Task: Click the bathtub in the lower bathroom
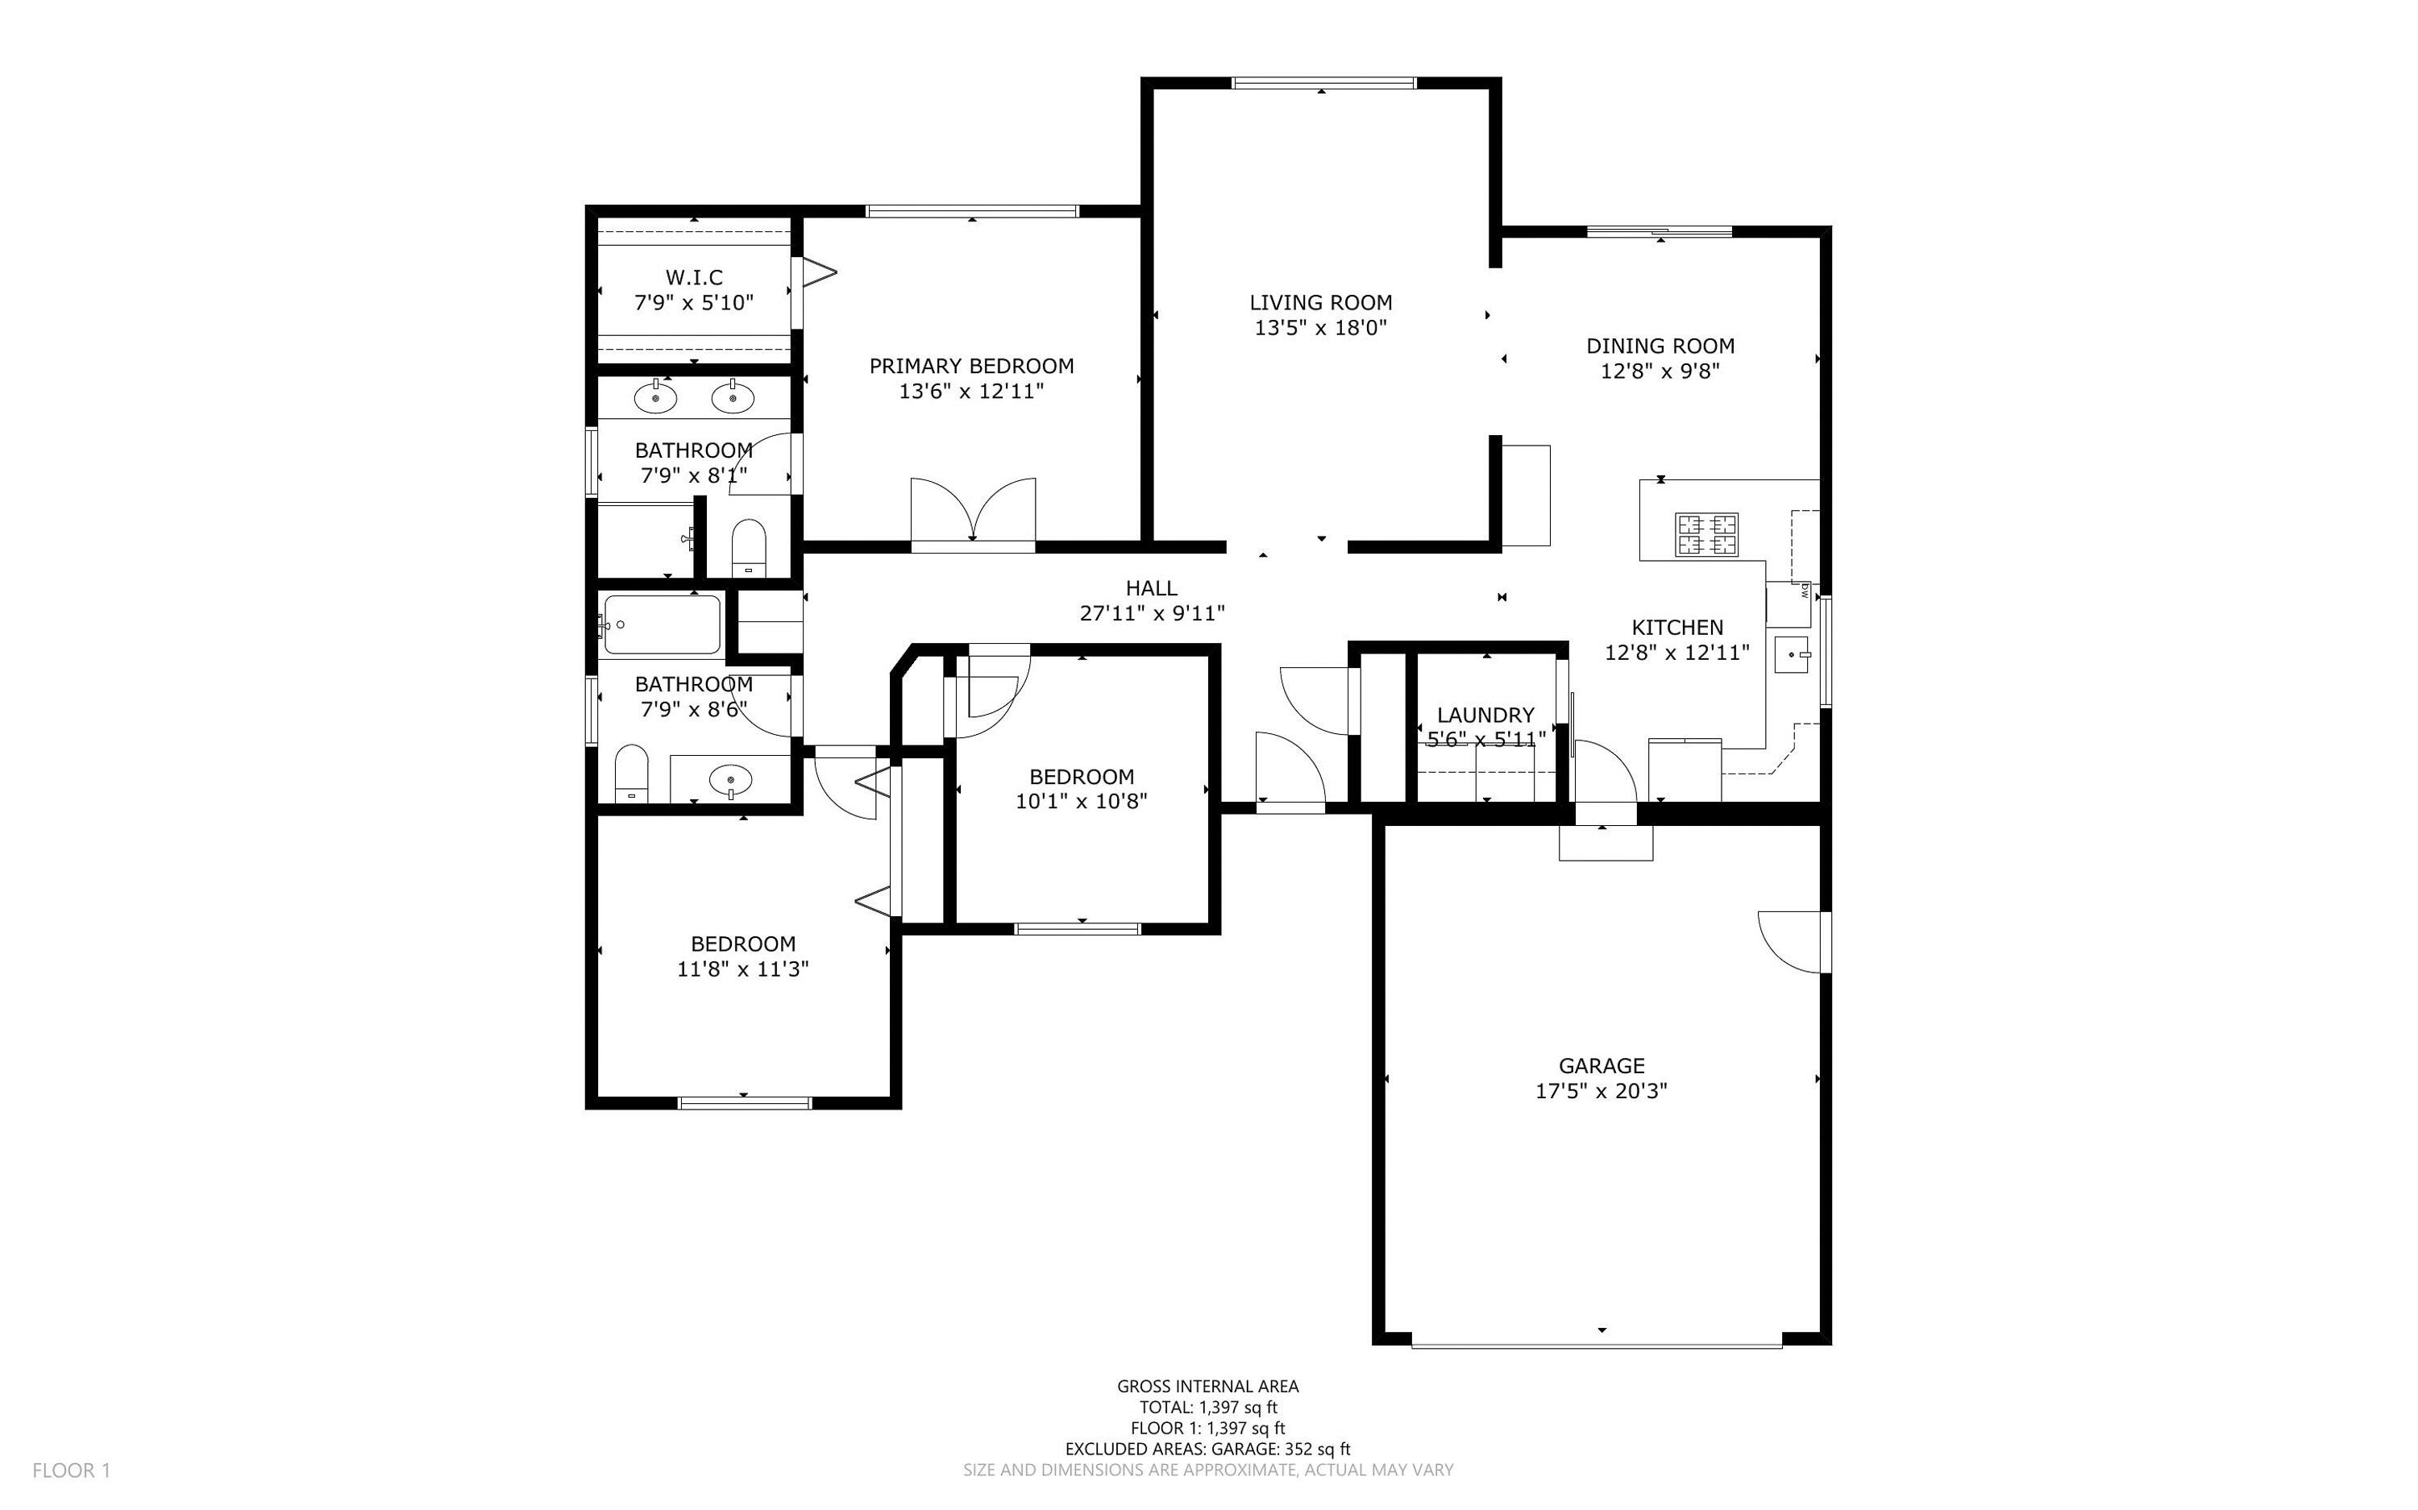point(661,625)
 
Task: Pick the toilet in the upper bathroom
point(748,547)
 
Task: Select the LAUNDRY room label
point(1485,715)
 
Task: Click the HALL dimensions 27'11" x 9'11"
point(1152,613)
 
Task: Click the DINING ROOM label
point(1660,346)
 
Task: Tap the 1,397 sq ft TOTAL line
point(1207,1407)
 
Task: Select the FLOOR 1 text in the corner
point(71,1470)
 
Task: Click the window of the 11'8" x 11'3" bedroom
point(744,1102)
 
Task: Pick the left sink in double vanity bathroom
point(655,397)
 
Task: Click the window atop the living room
point(1323,83)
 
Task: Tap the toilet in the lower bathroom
point(631,773)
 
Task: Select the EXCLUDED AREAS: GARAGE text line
point(1207,1449)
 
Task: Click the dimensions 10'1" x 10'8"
point(1081,801)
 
